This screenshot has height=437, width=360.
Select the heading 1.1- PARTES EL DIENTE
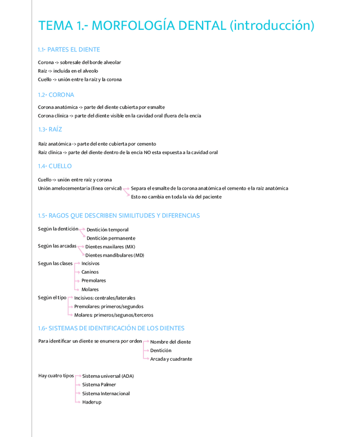tap(69, 49)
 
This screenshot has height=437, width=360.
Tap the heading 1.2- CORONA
tap(56, 95)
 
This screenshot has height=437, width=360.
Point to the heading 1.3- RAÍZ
tap(50, 129)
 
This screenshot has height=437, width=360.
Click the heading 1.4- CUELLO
tap(55, 166)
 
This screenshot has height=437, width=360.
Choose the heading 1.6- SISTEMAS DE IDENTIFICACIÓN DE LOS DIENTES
tap(111, 328)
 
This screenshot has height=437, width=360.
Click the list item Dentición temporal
tap(107, 230)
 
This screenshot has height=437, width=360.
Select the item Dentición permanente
tap(111, 238)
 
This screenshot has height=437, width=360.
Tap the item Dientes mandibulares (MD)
tap(114, 255)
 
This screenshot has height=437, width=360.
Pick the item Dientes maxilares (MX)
tap(110, 247)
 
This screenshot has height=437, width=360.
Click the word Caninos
tap(90, 272)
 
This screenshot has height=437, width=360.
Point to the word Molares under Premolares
tap(90, 289)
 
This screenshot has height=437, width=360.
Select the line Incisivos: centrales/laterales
tap(105, 298)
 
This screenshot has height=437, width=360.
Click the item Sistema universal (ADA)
tap(108, 376)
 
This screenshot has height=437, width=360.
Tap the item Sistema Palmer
tap(99, 384)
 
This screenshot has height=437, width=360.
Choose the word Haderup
tap(92, 402)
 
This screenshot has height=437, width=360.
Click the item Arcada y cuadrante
tap(171, 359)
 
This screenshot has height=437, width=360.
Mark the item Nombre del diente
tap(170, 342)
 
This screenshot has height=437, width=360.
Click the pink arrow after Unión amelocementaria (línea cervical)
tap(126, 189)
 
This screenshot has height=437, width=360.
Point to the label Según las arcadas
tap(57, 246)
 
